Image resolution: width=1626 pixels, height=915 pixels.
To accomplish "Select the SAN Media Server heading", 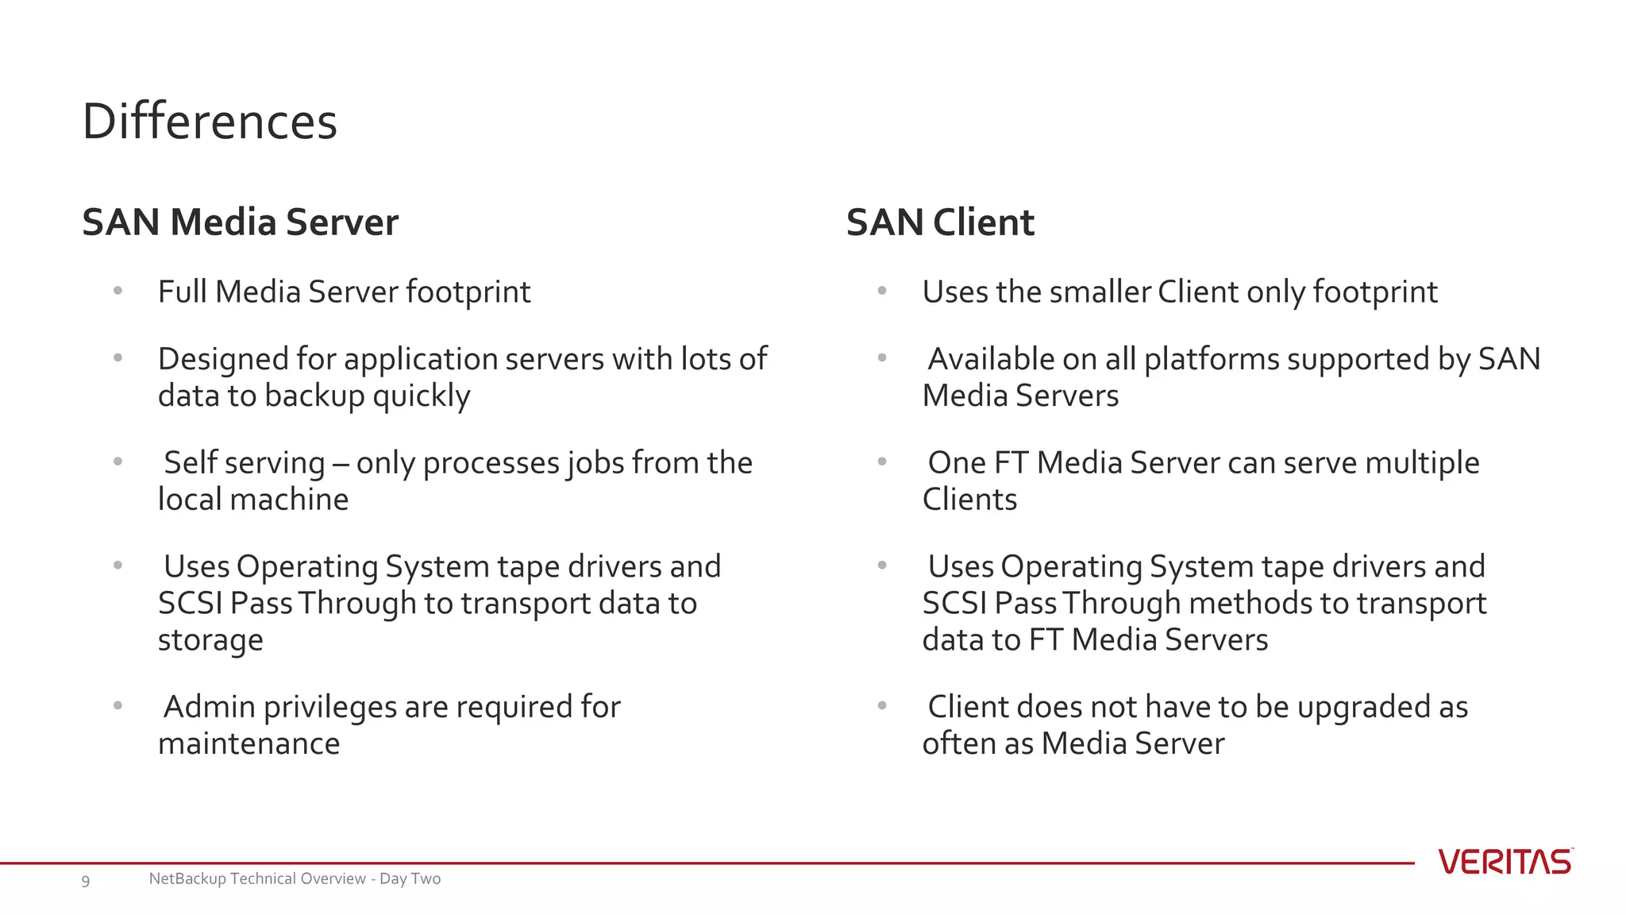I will pos(240,222).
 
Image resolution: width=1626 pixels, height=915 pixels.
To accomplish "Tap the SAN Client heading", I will pos(940,222).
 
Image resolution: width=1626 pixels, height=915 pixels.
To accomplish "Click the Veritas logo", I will pos(1505,862).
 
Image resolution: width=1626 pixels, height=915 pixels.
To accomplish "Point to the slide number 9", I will pos(86,880).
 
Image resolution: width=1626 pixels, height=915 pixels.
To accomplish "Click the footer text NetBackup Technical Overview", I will pos(295,878).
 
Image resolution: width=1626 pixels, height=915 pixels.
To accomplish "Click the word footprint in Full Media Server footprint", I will pos(468,292).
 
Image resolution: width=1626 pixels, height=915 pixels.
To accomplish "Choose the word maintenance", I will pos(249,744).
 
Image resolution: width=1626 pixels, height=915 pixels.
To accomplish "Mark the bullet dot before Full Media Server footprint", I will pos(118,291).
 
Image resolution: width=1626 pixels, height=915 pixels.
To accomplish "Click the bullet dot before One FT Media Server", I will pos(881,461).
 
